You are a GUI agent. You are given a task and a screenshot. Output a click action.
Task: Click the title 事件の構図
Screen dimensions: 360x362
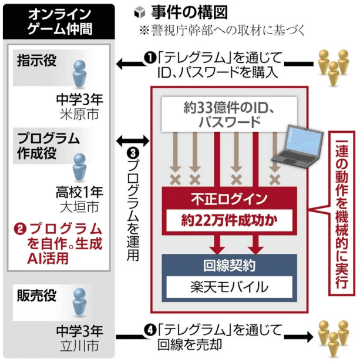coord(189,12)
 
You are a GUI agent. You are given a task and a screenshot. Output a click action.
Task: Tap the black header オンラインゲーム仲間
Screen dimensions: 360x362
coord(59,22)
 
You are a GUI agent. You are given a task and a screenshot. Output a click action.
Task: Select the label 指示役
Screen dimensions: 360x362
coord(37,61)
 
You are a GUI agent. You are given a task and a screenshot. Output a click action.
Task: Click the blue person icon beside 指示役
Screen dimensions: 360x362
coord(79,74)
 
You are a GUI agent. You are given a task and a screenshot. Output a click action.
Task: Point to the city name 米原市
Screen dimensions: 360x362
coord(79,114)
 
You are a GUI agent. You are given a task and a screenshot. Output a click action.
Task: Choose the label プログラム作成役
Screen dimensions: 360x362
coord(49,146)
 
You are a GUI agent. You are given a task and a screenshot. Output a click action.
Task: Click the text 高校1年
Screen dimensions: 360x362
coord(79,192)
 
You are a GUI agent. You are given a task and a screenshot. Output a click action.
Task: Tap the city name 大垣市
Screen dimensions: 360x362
coord(79,207)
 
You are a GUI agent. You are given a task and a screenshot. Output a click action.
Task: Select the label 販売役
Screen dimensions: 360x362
coord(37,295)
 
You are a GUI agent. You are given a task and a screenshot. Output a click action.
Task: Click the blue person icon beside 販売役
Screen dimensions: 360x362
coord(79,302)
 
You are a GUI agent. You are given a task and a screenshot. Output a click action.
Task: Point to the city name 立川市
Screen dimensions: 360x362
coord(79,346)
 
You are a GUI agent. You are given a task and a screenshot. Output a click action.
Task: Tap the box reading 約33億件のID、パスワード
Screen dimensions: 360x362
coord(229,115)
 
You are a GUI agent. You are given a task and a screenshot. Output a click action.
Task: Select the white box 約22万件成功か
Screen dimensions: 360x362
coord(229,220)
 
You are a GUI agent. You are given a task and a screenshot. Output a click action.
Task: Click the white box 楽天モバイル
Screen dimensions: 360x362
coord(229,287)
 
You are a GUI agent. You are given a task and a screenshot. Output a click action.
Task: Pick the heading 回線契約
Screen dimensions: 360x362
coord(229,266)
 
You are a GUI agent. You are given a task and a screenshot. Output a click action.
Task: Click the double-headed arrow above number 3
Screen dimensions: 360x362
coord(133,140)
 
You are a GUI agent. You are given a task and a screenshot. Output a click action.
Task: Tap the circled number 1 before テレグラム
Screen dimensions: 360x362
coord(150,58)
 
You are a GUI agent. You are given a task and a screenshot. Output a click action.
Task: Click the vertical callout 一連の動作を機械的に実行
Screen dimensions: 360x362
coord(342,213)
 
